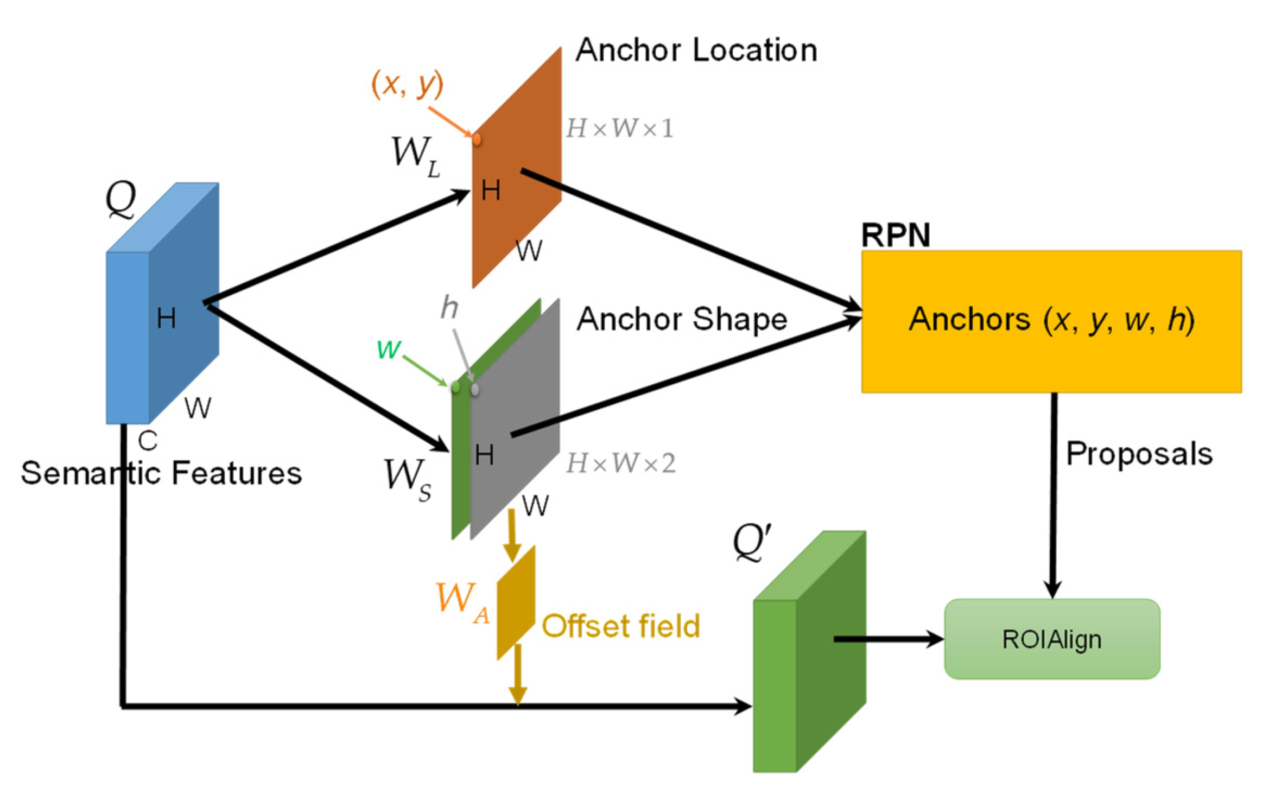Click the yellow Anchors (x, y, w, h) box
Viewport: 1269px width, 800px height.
tap(1051, 321)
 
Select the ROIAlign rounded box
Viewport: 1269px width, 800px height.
tap(1052, 639)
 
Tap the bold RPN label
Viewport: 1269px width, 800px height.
tap(896, 235)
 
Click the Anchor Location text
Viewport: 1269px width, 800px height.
tap(696, 50)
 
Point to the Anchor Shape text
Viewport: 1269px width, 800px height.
tap(682, 319)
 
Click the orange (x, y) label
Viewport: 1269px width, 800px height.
tap(407, 84)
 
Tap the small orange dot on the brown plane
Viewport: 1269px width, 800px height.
tap(477, 139)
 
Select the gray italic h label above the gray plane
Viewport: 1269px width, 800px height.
tap(449, 307)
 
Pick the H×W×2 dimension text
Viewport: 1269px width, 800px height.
tap(621, 464)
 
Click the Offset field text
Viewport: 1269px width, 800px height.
tap(621, 626)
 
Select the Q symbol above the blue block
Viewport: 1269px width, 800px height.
tap(120, 199)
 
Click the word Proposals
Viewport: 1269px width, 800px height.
tap(1139, 453)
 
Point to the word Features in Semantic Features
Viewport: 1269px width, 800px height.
tap(237, 473)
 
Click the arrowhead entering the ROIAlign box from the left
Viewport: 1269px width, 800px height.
tap(935, 639)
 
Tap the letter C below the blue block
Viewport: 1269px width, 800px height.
tap(147, 441)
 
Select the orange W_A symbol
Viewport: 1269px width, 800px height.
tap(461, 601)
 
